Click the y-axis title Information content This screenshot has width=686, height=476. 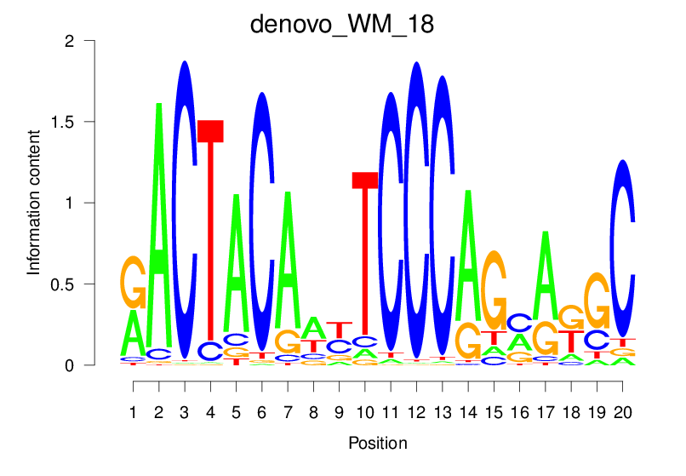34,203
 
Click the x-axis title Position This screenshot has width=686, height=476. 378,443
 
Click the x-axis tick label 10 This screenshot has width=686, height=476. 364,412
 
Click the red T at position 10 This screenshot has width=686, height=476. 365,255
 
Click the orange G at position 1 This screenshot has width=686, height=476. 134,282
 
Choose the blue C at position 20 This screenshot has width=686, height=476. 623,247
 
